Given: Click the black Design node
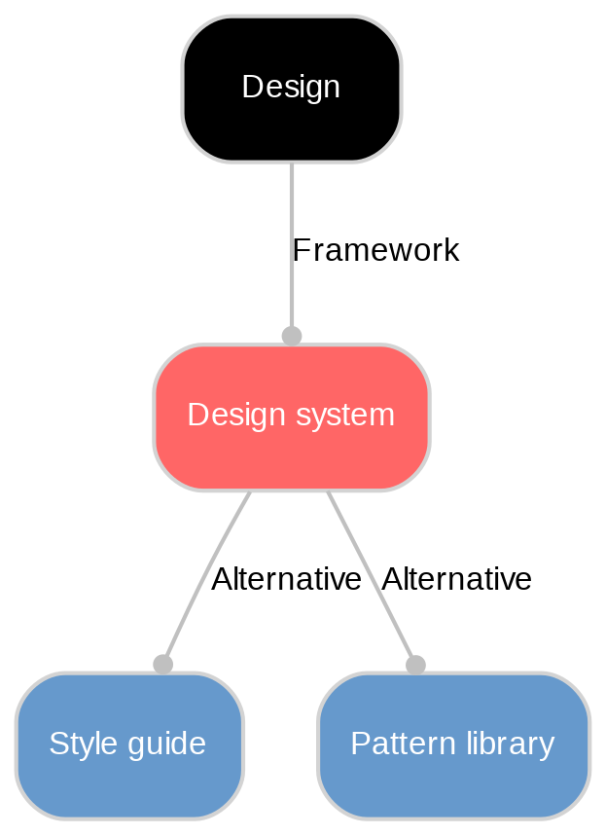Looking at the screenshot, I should pos(291,89).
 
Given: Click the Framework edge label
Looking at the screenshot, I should pos(374,251).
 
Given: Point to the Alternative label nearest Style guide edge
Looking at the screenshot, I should pos(286,580).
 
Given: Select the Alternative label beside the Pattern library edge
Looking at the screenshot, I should pos(456,580).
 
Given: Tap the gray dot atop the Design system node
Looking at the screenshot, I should pos(291,336).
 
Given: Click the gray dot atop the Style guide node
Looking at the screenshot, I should pos(162,664).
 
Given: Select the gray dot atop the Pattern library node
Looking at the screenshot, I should pos(415,665).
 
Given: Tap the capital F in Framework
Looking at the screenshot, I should pos(301,251).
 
